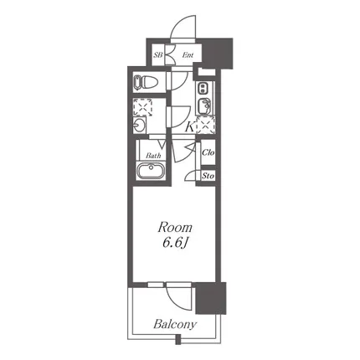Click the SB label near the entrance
click(158, 55)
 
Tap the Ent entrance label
click(188, 55)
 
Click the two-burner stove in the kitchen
click(202, 89)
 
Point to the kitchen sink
click(203, 105)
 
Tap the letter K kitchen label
click(190, 128)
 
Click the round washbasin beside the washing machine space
click(139, 125)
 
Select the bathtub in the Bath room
click(151, 171)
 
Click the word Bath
click(153, 156)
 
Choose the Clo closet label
click(208, 152)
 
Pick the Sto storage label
click(208, 176)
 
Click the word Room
click(175, 228)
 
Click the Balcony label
click(175, 324)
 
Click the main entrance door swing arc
click(180, 23)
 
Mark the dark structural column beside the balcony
click(211, 298)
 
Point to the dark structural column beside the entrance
click(217, 54)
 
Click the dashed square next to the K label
click(206, 125)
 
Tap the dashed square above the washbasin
click(142, 107)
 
